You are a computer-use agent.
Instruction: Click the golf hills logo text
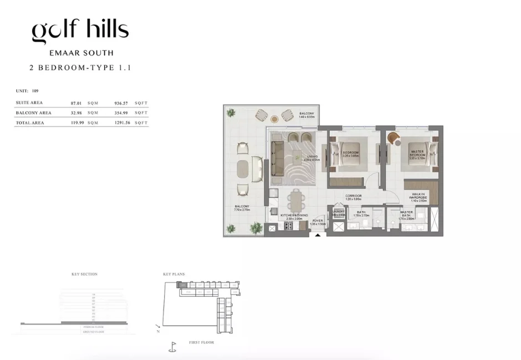point(80,30)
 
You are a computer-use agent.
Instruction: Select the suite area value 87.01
point(76,103)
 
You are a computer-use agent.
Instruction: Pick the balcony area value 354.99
point(121,113)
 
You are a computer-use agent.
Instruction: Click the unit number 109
point(35,90)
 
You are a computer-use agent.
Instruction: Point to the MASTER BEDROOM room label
point(417,153)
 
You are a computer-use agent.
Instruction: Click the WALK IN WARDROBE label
point(418,197)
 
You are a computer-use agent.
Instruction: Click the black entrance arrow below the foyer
point(318,235)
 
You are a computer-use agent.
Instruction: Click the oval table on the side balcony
point(243,169)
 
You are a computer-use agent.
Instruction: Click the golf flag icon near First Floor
point(172,347)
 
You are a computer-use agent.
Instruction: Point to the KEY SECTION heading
point(84,274)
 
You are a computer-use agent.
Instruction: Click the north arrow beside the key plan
point(158,328)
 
